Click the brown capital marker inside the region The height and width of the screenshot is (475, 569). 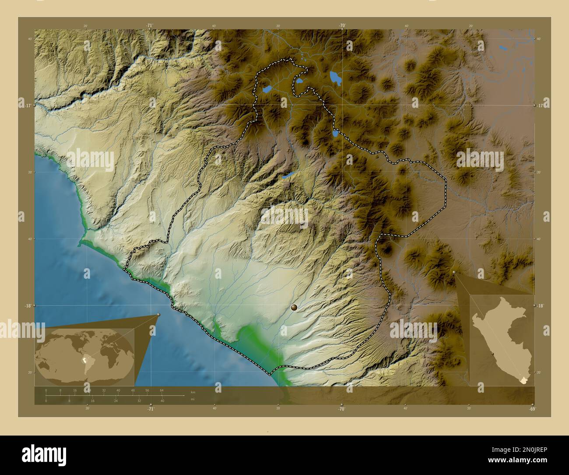(294, 308)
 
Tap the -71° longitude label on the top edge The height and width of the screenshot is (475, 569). (150, 26)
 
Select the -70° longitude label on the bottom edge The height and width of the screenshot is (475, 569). (341, 409)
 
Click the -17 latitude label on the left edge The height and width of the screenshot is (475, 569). (27, 106)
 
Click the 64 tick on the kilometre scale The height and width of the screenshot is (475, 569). (162, 390)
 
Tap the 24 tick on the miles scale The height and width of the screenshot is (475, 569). (116, 401)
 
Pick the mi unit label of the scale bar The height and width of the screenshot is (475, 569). (192, 399)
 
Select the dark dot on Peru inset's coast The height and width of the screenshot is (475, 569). (493, 354)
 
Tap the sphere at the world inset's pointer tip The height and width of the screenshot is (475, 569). (158, 314)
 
